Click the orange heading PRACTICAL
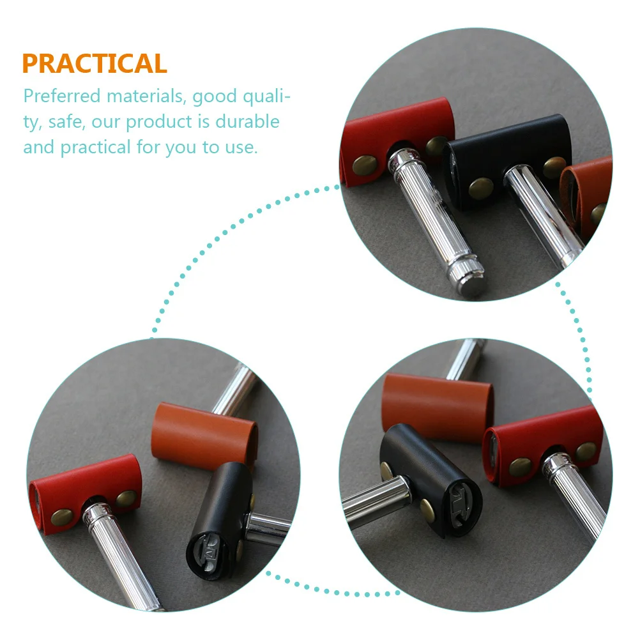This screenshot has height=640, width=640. point(95,64)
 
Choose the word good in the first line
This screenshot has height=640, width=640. point(214,96)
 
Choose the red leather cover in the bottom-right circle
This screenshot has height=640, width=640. point(543,441)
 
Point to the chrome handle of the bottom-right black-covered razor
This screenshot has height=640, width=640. point(374,501)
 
